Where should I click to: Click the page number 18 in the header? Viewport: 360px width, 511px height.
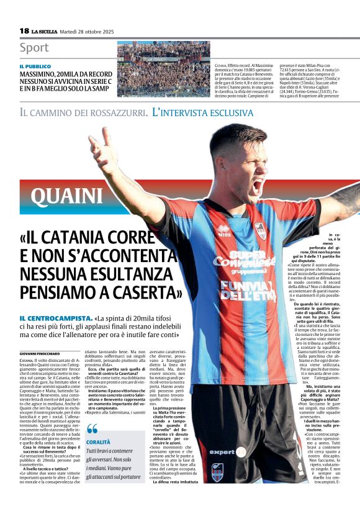[x=24, y=30]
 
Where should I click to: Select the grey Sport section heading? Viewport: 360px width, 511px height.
[x=34, y=48]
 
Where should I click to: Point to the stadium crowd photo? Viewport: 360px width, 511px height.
[x=164, y=60]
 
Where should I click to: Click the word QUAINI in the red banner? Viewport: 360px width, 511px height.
[x=67, y=196]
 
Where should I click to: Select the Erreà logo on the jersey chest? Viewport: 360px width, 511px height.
[x=224, y=230]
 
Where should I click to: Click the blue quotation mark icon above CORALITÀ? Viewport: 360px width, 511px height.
[x=92, y=428]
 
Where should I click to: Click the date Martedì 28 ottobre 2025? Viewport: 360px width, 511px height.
[x=93, y=31]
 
